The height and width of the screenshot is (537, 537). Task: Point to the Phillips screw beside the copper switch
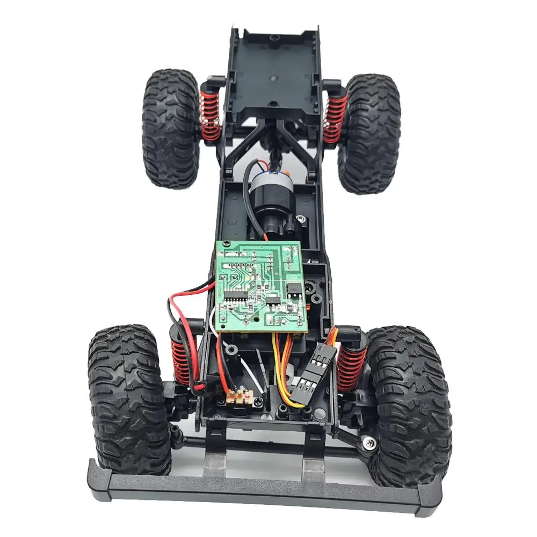(x=259, y=401)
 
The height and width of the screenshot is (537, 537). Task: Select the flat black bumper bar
(x=263, y=486)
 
